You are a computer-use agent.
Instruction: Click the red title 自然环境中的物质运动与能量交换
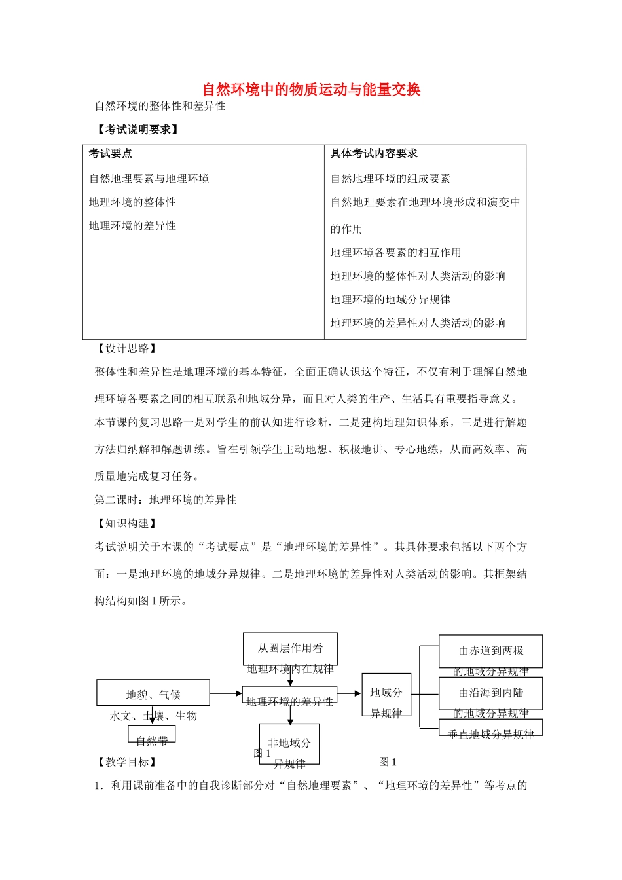[311, 90]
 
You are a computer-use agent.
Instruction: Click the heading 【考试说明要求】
[137, 130]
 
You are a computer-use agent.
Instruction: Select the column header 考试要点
[111, 154]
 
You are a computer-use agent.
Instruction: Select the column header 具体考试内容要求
[374, 154]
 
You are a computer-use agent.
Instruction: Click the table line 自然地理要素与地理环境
[149, 179]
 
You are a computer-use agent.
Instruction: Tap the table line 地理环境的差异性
[133, 226]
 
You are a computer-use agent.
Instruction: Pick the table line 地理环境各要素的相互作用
[396, 253]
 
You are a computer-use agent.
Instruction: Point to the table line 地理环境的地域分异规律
[391, 300]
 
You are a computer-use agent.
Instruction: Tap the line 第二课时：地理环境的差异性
[166, 500]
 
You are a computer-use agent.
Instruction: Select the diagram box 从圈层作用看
[290, 648]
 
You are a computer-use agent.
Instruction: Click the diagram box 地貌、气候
[153, 693]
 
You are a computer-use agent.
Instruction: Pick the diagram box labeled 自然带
[152, 735]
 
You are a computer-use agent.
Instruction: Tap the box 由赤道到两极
[491, 651]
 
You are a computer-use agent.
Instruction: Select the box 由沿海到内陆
[491, 693]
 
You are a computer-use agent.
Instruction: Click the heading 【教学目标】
[127, 761]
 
